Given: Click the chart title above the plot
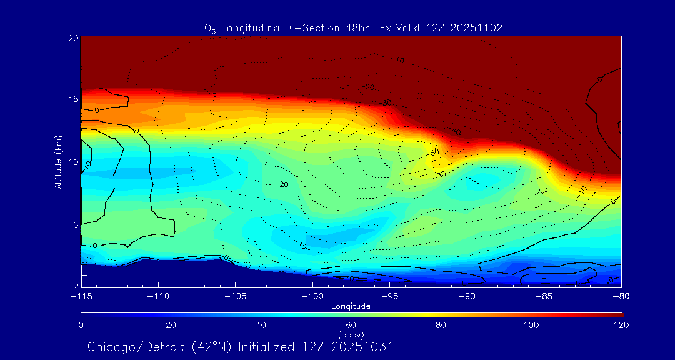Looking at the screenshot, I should tap(353, 27).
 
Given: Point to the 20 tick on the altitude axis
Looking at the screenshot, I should tap(73, 38).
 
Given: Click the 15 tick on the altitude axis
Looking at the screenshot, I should tap(73, 99).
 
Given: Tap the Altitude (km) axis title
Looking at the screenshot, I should tap(58, 162).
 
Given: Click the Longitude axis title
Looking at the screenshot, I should tap(351, 306).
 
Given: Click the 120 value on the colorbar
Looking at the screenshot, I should tap(621, 325).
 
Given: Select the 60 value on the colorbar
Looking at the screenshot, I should tap(351, 325).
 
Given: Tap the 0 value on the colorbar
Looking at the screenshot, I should tap(81, 325).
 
